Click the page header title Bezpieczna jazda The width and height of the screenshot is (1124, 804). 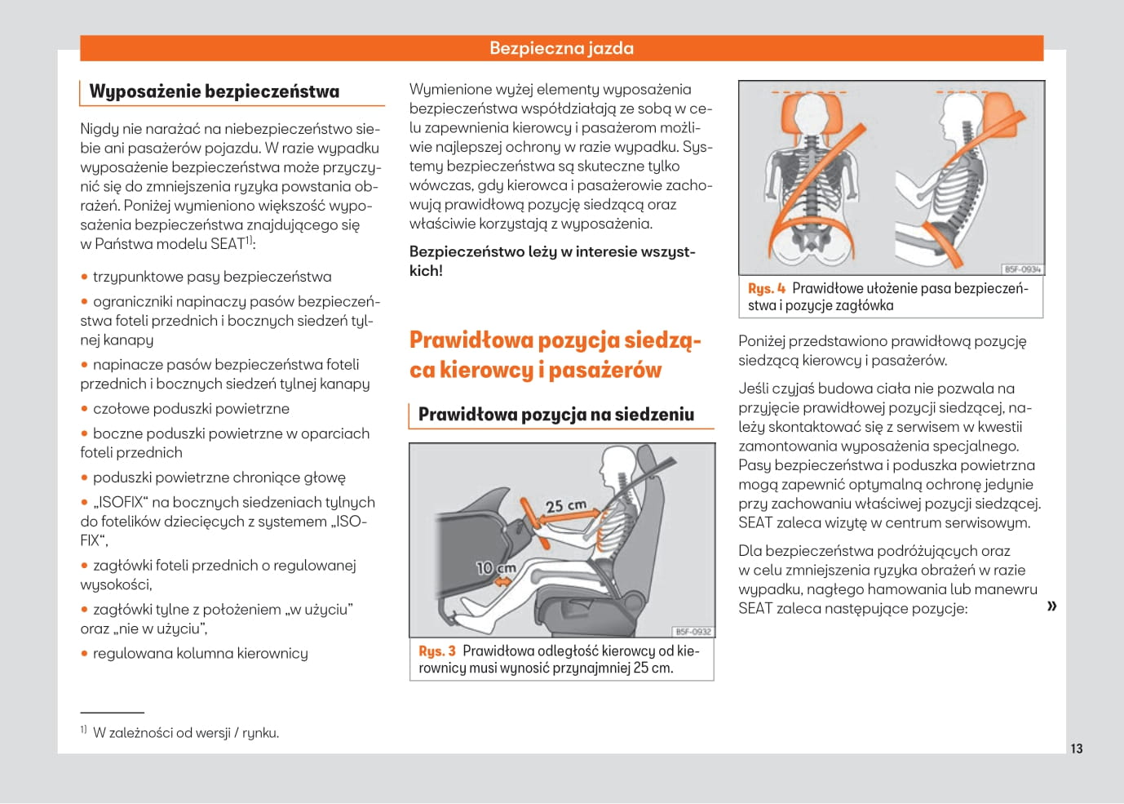pos(561,48)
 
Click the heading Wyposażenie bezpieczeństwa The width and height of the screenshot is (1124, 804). pos(214,91)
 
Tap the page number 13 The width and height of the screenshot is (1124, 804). pos(1076,748)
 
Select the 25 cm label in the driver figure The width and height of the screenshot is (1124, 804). pos(565,506)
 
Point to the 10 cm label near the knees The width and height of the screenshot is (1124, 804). pos(496,567)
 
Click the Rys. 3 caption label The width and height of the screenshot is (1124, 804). pos(436,651)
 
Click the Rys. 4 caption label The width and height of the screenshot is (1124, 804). pos(766,289)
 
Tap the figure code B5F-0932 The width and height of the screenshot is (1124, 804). pos(693,631)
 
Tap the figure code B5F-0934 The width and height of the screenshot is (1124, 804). pos(1022,269)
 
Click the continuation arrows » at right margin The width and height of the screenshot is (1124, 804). pos(1051,606)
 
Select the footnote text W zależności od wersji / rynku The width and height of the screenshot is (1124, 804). pos(185,733)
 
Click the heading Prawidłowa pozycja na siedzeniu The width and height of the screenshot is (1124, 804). pos(555,415)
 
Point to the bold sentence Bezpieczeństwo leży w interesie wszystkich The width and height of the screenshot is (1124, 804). pos(551,261)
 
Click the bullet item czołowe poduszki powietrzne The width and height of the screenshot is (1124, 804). pos(191,409)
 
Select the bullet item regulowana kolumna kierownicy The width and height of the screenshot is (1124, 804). pos(200,654)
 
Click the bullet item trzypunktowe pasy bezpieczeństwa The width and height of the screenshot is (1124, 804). pos(212,277)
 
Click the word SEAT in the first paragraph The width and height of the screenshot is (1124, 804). pos(228,244)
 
